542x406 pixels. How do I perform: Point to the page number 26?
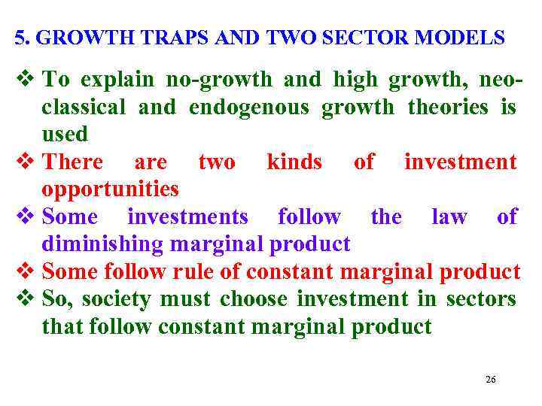click(490, 380)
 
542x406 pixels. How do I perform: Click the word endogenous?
click(248, 108)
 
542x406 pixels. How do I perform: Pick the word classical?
click(84, 108)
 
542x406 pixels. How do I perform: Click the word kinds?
click(294, 162)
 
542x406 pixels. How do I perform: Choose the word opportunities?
click(110, 189)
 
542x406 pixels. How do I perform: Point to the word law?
click(449, 217)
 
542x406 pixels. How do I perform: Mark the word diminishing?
click(104, 244)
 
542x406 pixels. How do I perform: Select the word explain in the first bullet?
click(116, 80)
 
